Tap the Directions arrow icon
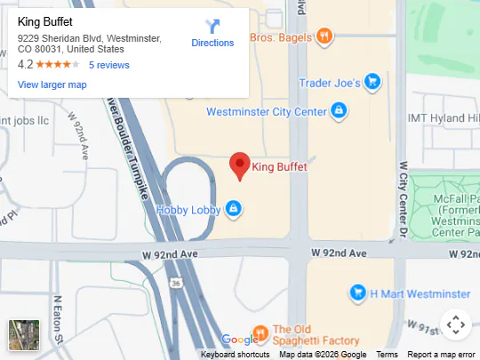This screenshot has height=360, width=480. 212,27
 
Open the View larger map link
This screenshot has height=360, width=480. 52,84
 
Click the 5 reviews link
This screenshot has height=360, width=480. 109,65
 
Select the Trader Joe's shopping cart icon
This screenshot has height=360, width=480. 373,83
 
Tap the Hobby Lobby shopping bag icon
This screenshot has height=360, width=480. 233,209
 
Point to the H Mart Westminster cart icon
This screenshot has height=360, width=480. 357,292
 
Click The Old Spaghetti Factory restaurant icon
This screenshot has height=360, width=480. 260,333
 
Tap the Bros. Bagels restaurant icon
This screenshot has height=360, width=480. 325,36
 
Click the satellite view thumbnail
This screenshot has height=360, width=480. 24,335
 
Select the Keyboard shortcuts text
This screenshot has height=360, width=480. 236,355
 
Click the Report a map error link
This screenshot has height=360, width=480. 441,355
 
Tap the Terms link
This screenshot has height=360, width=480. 387,355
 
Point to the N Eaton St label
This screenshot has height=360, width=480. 57,320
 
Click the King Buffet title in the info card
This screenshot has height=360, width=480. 45,21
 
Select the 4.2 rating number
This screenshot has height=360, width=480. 25,65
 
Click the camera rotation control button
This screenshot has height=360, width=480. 455,324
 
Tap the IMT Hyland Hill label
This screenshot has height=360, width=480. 443,118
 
